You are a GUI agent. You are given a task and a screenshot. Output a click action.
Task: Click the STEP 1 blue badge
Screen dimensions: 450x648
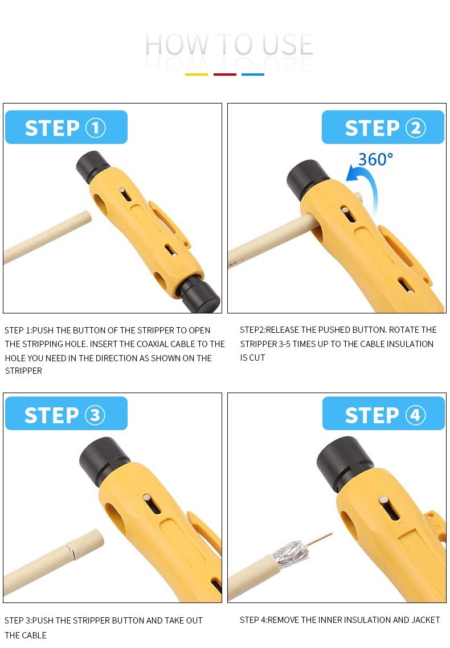66,127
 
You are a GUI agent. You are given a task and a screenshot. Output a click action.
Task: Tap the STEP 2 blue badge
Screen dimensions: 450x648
383,127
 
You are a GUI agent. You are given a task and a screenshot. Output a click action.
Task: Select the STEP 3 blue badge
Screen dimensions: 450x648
66,413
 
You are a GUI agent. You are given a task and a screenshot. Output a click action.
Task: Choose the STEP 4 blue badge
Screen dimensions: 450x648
383,413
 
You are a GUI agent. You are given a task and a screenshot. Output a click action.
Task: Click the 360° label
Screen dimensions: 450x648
375,159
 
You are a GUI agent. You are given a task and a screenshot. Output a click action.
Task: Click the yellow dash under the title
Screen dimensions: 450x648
197,75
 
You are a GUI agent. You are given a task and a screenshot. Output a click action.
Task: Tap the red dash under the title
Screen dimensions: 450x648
225,75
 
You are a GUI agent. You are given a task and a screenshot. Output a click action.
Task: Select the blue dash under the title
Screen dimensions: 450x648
253,75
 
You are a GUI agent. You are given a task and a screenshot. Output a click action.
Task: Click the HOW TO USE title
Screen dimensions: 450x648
229,44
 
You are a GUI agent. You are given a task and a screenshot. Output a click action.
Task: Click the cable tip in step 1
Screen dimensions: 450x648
87,217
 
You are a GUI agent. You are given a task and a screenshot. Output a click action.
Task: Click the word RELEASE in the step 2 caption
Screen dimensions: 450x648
283,330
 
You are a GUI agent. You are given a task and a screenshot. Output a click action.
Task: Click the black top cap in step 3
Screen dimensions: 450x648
104,459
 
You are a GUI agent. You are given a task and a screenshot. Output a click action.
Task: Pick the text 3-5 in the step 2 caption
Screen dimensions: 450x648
285,344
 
